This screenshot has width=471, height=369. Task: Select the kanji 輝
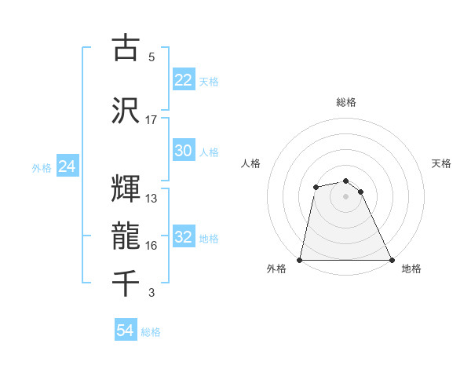[126, 188]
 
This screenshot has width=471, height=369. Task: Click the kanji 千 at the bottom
[126, 281]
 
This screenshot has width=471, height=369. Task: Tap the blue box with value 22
[184, 80]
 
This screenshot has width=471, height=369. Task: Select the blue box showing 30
[184, 152]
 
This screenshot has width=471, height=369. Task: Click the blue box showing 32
[184, 238]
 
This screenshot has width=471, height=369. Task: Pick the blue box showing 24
[67, 166]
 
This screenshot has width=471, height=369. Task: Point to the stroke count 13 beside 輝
[152, 199]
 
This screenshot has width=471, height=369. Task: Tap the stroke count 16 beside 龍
[152, 246]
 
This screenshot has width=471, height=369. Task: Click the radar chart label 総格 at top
[346, 102]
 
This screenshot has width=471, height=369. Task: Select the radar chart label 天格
[441, 163]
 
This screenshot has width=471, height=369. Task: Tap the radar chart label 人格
[250, 163]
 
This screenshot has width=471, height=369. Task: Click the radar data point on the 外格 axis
[300, 260]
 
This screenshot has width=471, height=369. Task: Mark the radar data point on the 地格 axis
[392, 260]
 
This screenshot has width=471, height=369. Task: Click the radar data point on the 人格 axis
[316, 187]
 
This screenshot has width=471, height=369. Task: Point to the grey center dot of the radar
[346, 196]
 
